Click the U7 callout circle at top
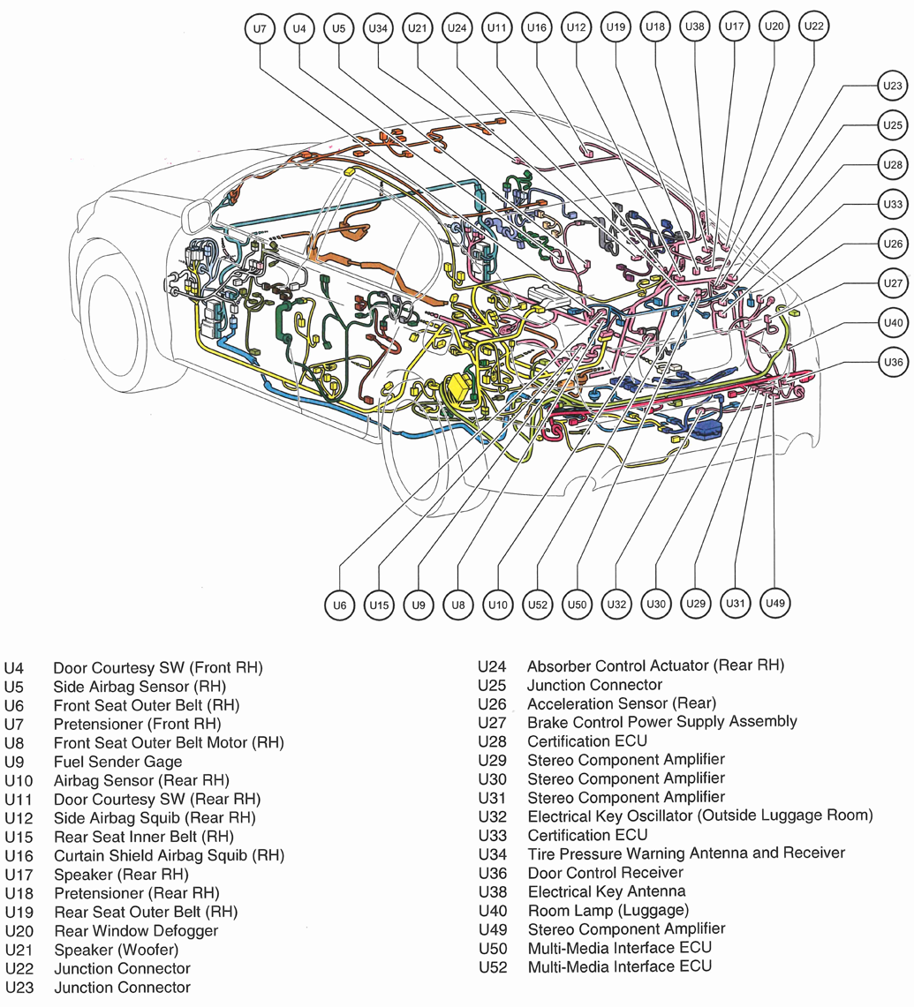pos(259,29)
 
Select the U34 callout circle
pos(378,29)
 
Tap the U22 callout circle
pos(813,26)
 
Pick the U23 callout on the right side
pos(893,86)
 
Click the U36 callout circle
pos(893,362)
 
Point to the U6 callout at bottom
pos(338,605)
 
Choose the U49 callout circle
pos(774,603)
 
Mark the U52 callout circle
pos(538,605)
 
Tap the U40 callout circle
pos(893,323)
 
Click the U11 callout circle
pos(498,29)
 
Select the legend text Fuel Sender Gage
pos(117,761)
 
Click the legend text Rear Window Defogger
pos(135,930)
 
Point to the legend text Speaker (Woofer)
pos(115,950)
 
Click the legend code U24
pos(494,665)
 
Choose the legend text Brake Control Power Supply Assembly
pos(661,722)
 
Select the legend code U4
pos(14,667)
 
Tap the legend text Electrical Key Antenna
pos(606,891)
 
